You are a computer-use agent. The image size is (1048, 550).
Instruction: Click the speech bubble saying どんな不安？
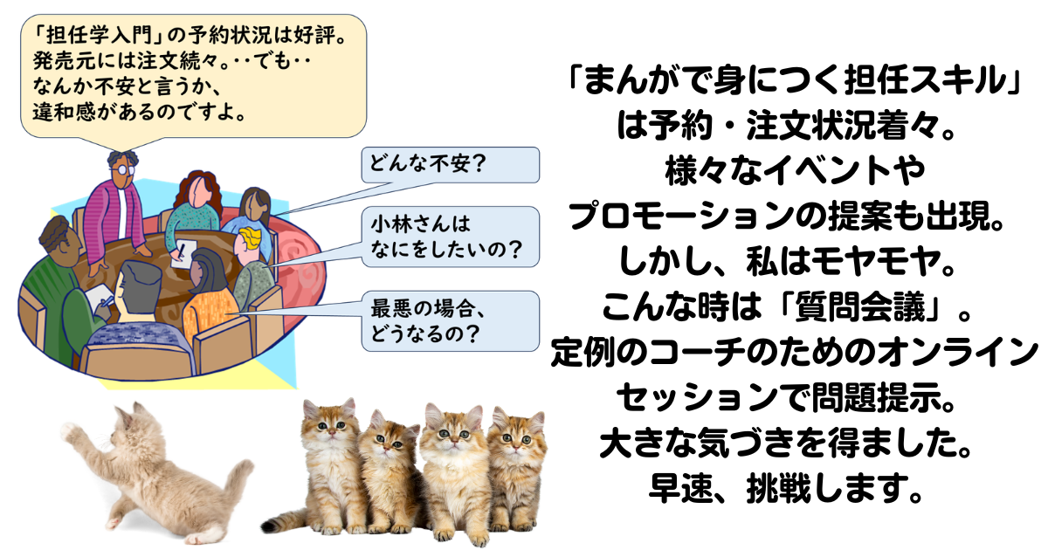pyautogui.click(x=450, y=165)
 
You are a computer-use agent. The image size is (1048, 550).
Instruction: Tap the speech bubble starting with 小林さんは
pyautogui.click(x=450, y=237)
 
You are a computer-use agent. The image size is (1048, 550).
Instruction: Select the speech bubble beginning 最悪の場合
pyautogui.click(x=450, y=321)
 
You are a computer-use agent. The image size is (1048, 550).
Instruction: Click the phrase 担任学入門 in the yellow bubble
pyautogui.click(x=99, y=35)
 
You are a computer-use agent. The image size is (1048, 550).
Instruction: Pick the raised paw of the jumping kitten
pyautogui.click(x=70, y=433)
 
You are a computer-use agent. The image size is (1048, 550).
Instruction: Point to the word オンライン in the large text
pyautogui.click(x=957, y=352)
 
